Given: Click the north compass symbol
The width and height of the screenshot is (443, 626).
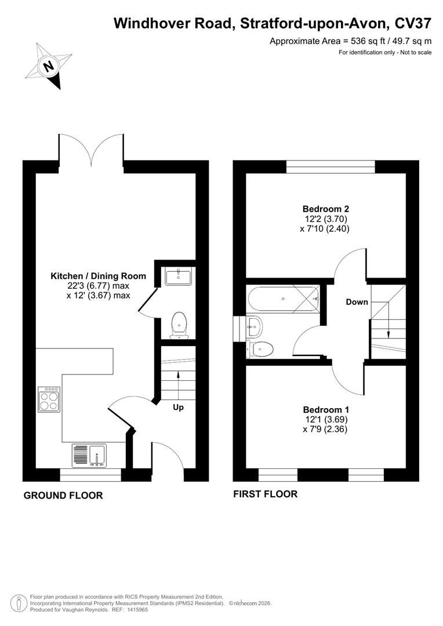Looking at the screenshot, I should (49, 65).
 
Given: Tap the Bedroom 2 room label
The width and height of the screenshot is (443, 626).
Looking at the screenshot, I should (326, 209).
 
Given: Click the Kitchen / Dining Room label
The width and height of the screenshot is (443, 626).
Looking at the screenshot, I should (98, 276).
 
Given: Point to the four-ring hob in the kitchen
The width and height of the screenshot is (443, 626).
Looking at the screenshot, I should (49, 399).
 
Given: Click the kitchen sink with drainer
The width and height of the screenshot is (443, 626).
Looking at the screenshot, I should (89, 455).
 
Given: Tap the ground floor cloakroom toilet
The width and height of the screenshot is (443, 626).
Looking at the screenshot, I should (179, 325).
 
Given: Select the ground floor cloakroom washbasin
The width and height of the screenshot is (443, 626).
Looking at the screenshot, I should (179, 276).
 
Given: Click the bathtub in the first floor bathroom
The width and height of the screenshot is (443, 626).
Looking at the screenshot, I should (284, 299).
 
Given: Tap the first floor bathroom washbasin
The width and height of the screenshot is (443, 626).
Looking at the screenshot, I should (255, 327).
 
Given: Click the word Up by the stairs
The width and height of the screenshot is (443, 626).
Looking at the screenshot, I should (178, 407).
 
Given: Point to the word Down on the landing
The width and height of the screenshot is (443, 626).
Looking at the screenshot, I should (357, 302).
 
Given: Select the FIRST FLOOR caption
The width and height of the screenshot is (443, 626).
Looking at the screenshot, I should (265, 494).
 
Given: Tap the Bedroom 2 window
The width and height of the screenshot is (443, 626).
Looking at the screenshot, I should (331, 167).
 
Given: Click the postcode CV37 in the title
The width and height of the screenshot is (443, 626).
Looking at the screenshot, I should (412, 23).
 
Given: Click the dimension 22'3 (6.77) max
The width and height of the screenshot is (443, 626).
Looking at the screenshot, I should (98, 286).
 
